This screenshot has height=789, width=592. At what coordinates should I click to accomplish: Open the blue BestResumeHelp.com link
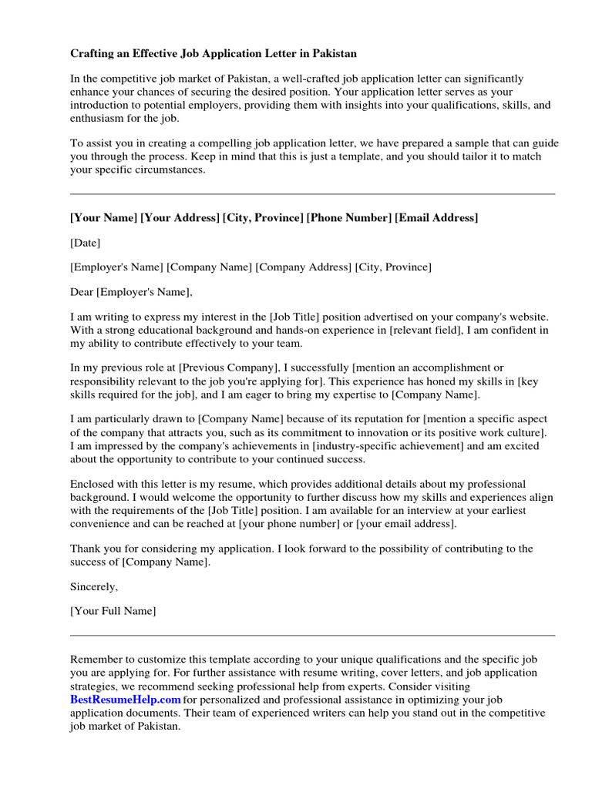click(126, 700)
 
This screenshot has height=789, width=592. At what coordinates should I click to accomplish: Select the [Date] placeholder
click(86, 243)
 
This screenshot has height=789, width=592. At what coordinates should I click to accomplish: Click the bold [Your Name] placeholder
click(103, 218)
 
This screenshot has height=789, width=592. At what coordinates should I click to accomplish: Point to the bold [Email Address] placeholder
click(436, 218)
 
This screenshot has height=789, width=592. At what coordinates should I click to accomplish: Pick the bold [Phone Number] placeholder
click(349, 218)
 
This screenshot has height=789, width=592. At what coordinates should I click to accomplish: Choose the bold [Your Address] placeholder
click(180, 218)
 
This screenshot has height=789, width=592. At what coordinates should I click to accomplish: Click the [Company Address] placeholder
click(304, 267)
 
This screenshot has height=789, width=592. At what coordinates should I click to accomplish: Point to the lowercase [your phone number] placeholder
click(285, 523)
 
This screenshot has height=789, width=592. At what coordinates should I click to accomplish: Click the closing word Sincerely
click(94, 586)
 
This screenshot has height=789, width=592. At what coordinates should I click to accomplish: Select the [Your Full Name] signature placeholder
click(113, 611)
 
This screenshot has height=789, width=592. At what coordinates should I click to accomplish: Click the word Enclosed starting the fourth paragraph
click(92, 484)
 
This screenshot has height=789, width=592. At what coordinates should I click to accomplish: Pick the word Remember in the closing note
click(95, 660)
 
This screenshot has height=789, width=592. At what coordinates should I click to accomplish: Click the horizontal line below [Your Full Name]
click(312, 636)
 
